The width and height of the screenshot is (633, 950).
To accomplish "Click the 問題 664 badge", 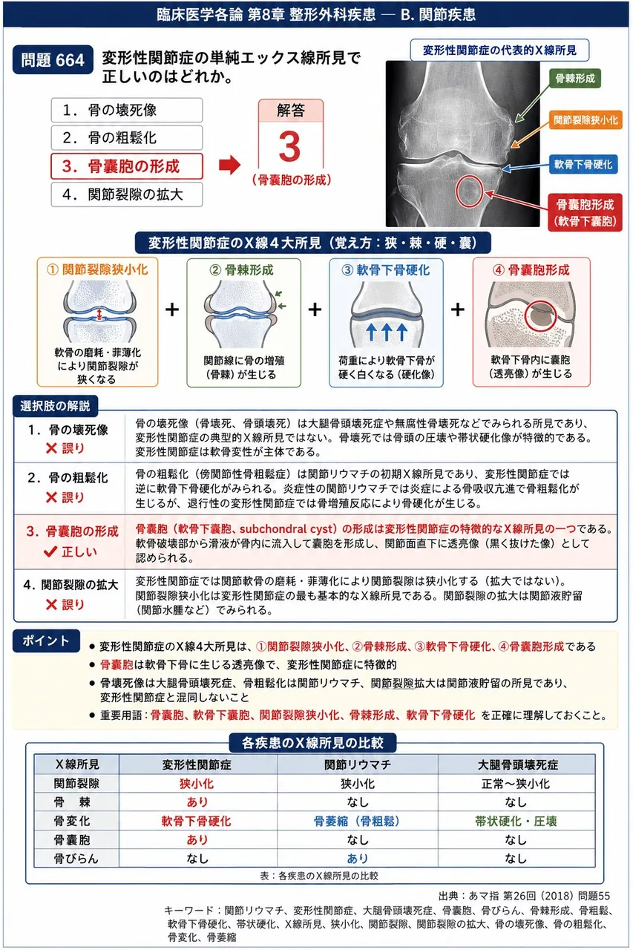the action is (x=53, y=60).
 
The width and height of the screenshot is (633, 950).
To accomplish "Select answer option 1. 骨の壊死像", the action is (x=127, y=111).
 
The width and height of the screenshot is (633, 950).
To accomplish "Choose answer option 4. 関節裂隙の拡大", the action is (x=127, y=194).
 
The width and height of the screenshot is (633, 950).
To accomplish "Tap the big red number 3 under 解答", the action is (x=290, y=146).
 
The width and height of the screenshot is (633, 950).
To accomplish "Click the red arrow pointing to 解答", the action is (x=230, y=165).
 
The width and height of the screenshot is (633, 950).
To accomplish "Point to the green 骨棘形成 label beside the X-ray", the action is (x=575, y=79).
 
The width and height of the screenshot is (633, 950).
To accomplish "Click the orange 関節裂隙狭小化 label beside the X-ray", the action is (x=586, y=120).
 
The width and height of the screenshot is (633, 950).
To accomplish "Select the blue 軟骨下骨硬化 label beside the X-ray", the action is (x=583, y=164).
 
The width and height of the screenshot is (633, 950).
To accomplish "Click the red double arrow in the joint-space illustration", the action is (x=99, y=314).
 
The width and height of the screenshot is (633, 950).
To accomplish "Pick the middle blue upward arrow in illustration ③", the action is (x=386, y=332).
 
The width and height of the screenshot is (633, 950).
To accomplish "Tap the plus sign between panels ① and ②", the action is (x=172, y=309).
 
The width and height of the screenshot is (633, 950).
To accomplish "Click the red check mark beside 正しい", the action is (x=50, y=551).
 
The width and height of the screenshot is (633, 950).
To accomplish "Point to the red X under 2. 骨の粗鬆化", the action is (x=51, y=497).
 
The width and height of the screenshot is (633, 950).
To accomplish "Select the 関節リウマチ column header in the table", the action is (x=358, y=764).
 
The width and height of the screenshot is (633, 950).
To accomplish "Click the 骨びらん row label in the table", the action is (x=76, y=859).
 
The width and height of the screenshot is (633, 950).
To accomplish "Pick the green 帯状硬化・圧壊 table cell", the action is (x=516, y=822).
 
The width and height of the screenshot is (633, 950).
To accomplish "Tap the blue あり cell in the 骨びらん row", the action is (x=358, y=859).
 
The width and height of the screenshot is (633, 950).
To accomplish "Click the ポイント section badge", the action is (x=46, y=641).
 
